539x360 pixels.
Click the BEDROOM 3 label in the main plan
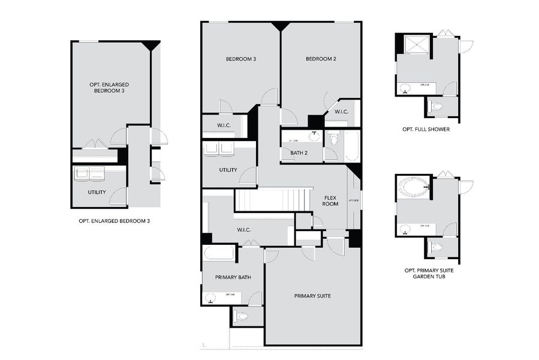point(241,59)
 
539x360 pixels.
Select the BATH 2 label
point(299,153)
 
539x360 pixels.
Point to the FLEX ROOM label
point(330,200)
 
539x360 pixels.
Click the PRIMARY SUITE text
point(312,296)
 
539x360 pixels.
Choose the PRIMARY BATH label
point(233,277)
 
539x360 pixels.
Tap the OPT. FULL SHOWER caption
point(426,129)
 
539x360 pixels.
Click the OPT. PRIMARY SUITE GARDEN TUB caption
point(429,274)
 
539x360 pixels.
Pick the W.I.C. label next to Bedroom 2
point(342,112)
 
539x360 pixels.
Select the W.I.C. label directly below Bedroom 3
point(216,126)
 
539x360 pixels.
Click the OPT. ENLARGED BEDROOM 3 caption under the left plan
point(114,221)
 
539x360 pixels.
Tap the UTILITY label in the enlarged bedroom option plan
point(97,192)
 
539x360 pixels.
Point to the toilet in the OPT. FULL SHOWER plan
point(436,106)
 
